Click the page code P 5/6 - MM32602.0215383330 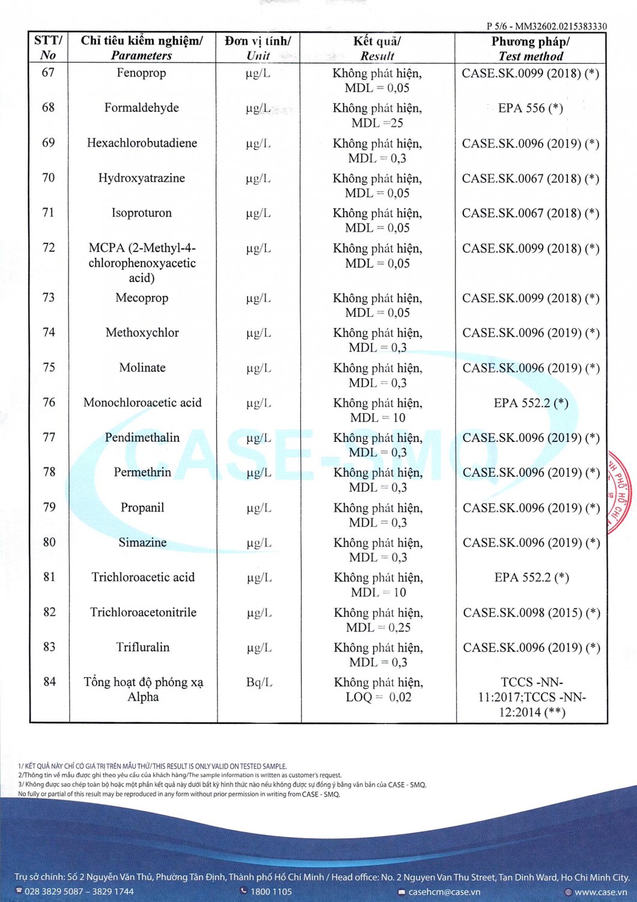click(546, 26)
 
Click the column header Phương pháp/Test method click(531, 49)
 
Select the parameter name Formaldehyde click(141, 108)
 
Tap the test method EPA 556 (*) click(531, 108)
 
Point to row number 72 click(48, 248)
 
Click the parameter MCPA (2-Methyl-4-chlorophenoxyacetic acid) click(142, 263)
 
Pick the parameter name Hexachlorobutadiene click(142, 143)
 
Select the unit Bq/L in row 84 click(259, 683)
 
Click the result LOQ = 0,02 click(379, 698)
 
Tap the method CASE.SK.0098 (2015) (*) click(531, 613)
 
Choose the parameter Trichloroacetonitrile click(143, 613)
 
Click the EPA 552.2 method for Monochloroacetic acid click(531, 403)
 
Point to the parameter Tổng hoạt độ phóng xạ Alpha click(143, 690)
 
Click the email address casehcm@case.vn click(444, 892)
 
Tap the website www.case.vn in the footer click(600, 892)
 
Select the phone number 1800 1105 click(271, 892)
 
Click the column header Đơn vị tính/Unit click(258, 48)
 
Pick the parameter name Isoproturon click(141, 213)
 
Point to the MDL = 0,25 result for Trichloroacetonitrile click(379, 628)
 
